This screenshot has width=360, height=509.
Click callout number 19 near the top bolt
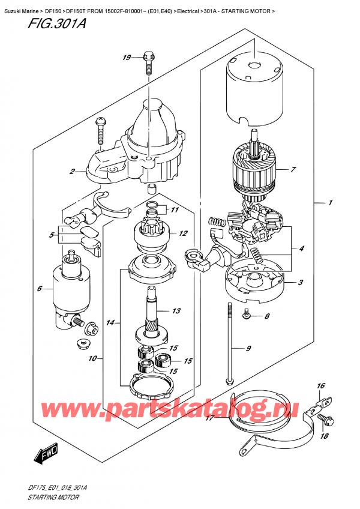coord(125,58)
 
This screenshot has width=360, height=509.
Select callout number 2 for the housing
coord(71,172)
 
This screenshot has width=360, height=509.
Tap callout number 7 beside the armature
coord(293,170)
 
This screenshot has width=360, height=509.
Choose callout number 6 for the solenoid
coord(40,289)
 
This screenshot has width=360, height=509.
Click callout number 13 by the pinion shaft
coord(176,311)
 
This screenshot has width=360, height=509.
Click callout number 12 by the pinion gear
coord(184,233)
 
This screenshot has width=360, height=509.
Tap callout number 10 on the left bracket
coord(92,360)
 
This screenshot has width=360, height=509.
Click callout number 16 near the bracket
coord(320,386)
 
